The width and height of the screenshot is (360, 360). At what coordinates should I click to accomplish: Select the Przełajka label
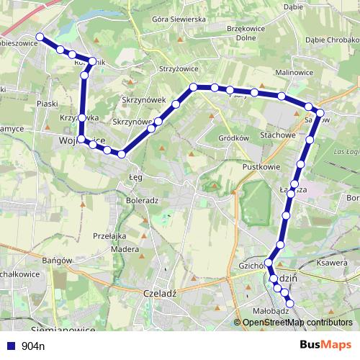[x=109, y=235]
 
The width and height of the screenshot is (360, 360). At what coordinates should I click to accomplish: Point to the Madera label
[x=126, y=249]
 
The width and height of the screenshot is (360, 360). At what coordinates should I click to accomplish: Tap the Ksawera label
[x=332, y=264]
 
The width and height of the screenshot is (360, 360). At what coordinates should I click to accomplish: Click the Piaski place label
[x=47, y=104]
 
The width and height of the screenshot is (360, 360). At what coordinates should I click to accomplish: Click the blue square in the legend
[x=10, y=346]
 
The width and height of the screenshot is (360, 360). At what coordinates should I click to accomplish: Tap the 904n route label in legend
[x=33, y=346]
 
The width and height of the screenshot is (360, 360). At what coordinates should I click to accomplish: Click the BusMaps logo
[x=325, y=345]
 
